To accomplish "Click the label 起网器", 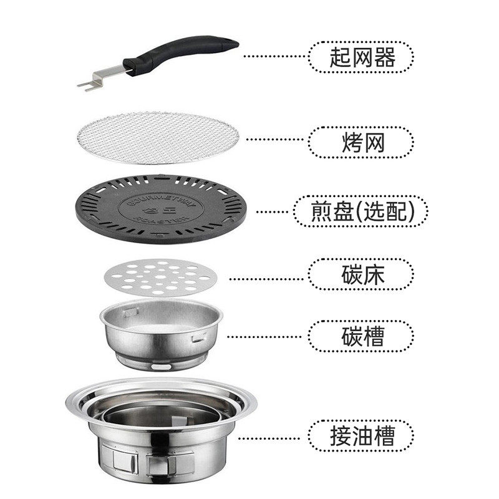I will (361, 59).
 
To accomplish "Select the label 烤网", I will (361, 143).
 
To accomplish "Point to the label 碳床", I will (361, 274).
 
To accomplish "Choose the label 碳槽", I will (361, 336).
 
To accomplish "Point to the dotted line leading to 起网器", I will (274, 56).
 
